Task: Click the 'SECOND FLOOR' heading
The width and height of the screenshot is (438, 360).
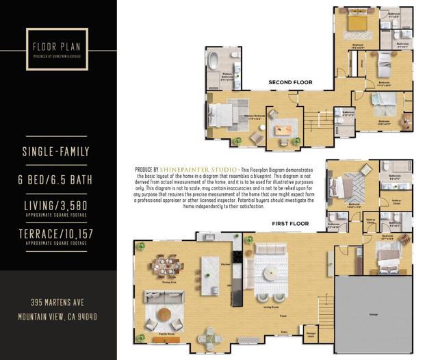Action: tap(290, 82)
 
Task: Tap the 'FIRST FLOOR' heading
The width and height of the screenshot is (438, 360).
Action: tap(290, 224)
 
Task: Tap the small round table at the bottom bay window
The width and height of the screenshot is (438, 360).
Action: tap(210, 338)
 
